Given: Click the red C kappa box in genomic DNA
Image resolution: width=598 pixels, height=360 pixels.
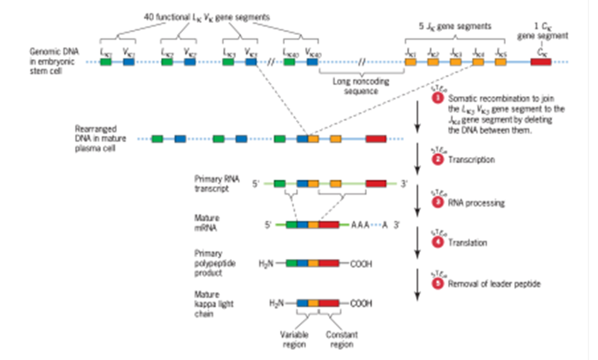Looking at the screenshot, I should click(540, 62).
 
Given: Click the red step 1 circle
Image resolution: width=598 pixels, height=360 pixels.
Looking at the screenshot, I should click(437, 99).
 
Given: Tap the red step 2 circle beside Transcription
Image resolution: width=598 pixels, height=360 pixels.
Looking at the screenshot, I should click(437, 160).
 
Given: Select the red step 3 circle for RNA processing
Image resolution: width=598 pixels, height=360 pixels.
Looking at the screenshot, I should click(437, 203).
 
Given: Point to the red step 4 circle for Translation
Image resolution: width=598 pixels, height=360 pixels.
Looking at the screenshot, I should click(437, 242).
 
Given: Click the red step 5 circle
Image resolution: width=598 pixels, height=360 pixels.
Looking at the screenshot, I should click(437, 284).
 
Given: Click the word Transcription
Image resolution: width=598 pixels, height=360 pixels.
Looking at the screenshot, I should click(471, 160).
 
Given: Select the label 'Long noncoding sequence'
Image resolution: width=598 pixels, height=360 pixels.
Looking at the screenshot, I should click(360, 86).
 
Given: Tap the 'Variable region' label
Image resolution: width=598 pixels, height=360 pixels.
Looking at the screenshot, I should click(294, 338).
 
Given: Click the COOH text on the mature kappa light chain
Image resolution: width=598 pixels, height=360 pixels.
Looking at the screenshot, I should click(361, 303).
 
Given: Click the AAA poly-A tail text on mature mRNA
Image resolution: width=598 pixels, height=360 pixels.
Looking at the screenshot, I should click(360, 225).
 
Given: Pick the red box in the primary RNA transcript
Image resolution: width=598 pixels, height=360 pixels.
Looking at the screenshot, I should click(375, 184).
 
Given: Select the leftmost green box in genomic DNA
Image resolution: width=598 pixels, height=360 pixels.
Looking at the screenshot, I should click(106, 62).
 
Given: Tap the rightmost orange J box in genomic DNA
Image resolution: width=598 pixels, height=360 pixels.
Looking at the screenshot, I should click(501, 62).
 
